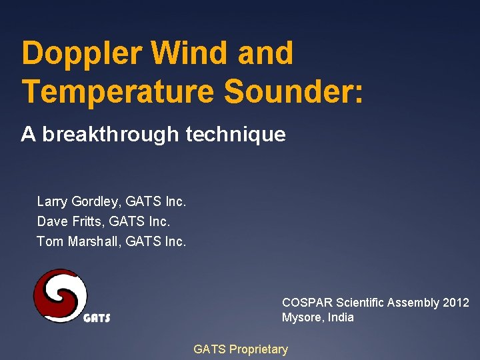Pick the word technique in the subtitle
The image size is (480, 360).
tap(236, 135)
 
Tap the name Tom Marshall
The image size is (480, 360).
tap(74, 241)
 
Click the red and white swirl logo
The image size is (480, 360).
tap(61, 295)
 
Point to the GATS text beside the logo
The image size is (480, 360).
tap(97, 318)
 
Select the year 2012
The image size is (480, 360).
tap(456, 303)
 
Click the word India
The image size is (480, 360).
tap(341, 317)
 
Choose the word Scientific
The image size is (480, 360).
tap(363, 303)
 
